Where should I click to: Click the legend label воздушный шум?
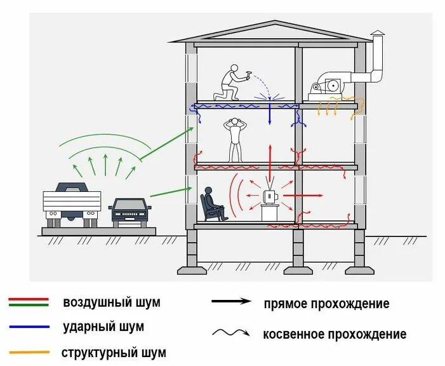click(111, 302)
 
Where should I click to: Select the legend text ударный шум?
click(103, 327)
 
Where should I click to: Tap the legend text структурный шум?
click(114, 352)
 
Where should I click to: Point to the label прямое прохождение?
click(326, 304)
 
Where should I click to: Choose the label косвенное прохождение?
click(335, 334)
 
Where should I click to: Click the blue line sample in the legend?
click(29, 327)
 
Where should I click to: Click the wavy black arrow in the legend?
click(232, 333)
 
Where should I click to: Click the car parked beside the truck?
click(130, 211)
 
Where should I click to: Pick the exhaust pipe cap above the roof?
click(378, 33)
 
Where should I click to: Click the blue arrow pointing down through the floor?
click(270, 114)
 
